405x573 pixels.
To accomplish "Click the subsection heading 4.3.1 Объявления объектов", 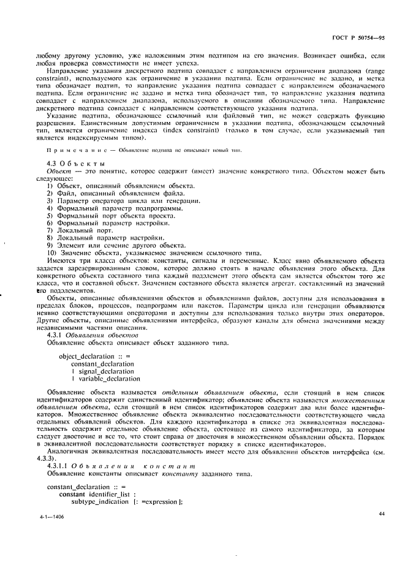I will point(93,336).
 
